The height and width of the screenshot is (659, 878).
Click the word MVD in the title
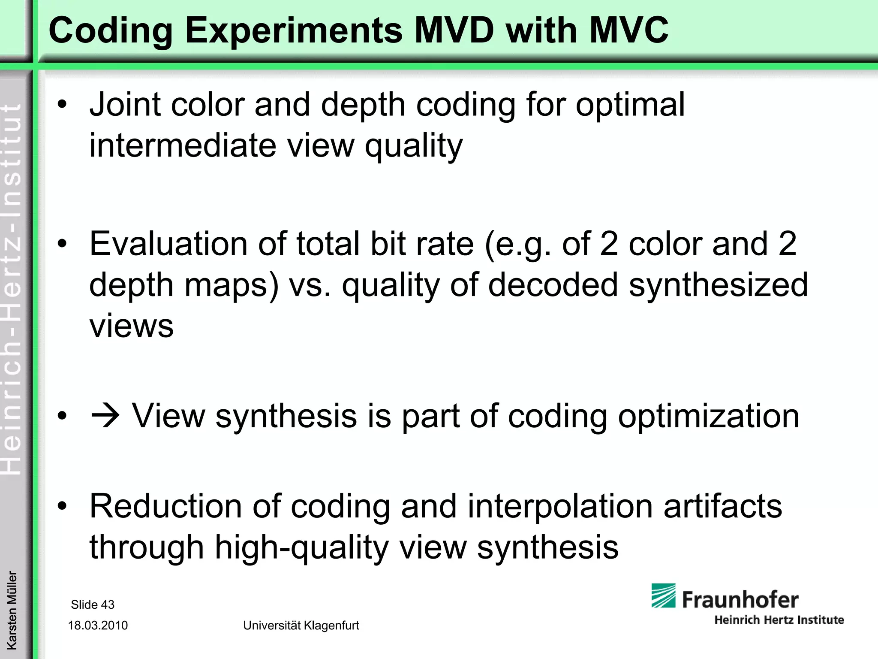pyautogui.click(x=454, y=30)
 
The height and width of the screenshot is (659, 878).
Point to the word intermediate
pyautogui.click(x=183, y=145)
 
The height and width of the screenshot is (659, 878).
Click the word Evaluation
pyautogui.click(x=168, y=244)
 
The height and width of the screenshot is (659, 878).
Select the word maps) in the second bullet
pyautogui.click(x=232, y=285)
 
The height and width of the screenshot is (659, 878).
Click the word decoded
pyautogui.click(x=553, y=285)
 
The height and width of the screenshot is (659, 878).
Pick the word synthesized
pyautogui.click(x=718, y=285)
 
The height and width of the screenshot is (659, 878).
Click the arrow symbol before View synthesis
pyautogui.click(x=105, y=416)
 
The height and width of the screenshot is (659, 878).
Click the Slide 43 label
pyautogui.click(x=93, y=605)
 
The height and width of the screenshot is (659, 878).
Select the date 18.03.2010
pyautogui.click(x=98, y=626)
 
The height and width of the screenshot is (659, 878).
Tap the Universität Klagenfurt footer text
pyautogui.click(x=301, y=626)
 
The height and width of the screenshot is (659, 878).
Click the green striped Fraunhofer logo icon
pyautogui.click(x=663, y=596)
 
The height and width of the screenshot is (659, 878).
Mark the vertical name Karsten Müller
pyautogui.click(x=12, y=610)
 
